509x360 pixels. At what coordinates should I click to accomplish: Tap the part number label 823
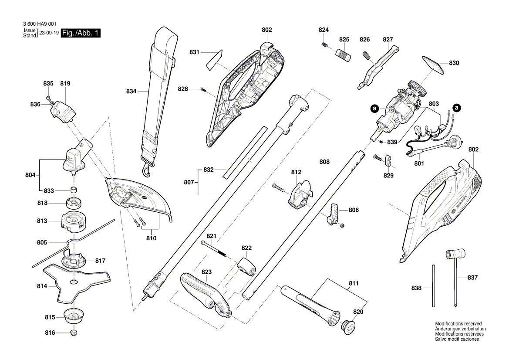(x=206, y=272)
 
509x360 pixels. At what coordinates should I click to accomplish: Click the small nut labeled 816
(x=74, y=333)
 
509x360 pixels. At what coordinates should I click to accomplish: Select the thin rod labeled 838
(x=433, y=285)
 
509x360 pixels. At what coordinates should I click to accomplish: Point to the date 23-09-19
(x=48, y=33)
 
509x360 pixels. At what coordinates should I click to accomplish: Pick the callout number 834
(x=131, y=92)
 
